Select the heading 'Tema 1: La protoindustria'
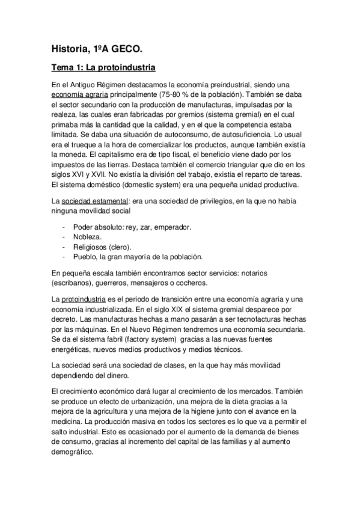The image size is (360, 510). click(x=104, y=68)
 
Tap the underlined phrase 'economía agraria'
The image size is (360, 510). click(x=80, y=94)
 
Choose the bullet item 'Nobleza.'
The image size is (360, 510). click(x=88, y=237)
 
